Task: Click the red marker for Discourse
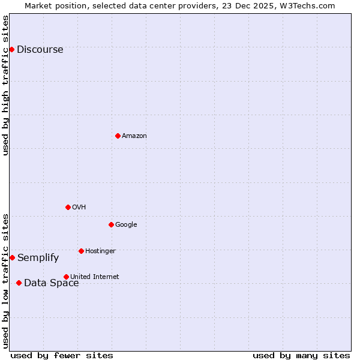[12, 49]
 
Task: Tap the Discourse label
[40, 50]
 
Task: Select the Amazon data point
[118, 136]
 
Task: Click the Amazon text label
[134, 136]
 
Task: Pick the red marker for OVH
[68, 207]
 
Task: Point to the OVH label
[79, 208]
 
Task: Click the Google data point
[111, 224]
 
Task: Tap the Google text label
[126, 225]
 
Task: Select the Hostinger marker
[81, 251]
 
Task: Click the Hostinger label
[100, 251]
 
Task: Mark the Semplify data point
[12, 257]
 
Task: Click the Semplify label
[38, 258]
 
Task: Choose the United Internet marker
[66, 277]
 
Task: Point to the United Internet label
[95, 277]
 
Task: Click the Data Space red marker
[19, 283]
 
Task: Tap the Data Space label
[51, 283]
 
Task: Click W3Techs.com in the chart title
[310, 5]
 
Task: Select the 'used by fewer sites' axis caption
[62, 355]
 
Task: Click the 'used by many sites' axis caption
[301, 355]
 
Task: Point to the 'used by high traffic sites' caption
[5, 85]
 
